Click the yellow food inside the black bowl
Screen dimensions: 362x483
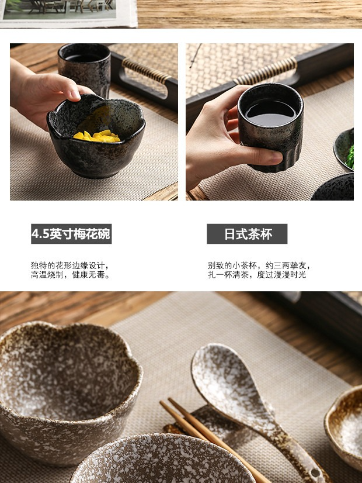97,136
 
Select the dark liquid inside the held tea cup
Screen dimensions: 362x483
271,113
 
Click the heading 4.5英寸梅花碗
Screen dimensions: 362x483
71,234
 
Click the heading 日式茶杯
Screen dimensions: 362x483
247,234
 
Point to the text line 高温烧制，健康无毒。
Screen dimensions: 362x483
71,275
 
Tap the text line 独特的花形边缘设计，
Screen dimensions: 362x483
70,265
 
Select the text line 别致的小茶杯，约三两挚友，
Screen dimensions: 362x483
259,265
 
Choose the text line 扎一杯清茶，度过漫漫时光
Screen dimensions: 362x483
257,275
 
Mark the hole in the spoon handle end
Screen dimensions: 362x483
315,472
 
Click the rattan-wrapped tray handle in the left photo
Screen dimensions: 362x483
147,71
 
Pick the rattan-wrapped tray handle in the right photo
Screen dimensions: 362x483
267,71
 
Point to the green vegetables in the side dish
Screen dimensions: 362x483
350,157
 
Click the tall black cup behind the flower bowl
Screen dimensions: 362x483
84,70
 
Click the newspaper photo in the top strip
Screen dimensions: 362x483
60,9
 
